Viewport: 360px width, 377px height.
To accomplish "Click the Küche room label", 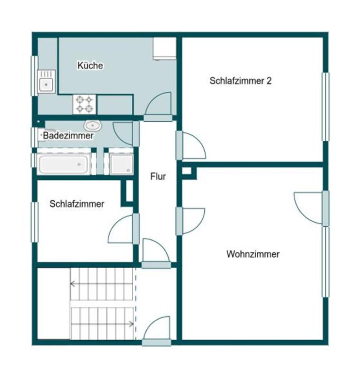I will (90, 65).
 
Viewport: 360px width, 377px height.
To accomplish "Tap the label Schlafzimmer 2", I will (240, 81).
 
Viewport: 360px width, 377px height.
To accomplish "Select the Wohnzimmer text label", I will (253, 254).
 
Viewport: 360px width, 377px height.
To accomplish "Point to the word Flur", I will (158, 176).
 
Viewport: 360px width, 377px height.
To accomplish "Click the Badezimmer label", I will (68, 135).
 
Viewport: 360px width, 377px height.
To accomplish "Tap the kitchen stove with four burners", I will (85, 104).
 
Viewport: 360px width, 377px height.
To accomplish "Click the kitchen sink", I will (46, 82).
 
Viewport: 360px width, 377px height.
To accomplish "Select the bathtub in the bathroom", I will (63, 164).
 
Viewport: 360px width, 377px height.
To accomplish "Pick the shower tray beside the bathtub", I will (121, 164).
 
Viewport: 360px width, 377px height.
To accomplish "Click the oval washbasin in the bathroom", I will (93, 125).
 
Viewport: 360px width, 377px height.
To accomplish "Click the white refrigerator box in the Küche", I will (164, 48).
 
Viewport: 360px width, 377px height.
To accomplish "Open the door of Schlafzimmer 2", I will (192, 146).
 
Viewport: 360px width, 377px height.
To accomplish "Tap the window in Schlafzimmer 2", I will (325, 107).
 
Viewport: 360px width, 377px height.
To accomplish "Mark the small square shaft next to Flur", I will (187, 171).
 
